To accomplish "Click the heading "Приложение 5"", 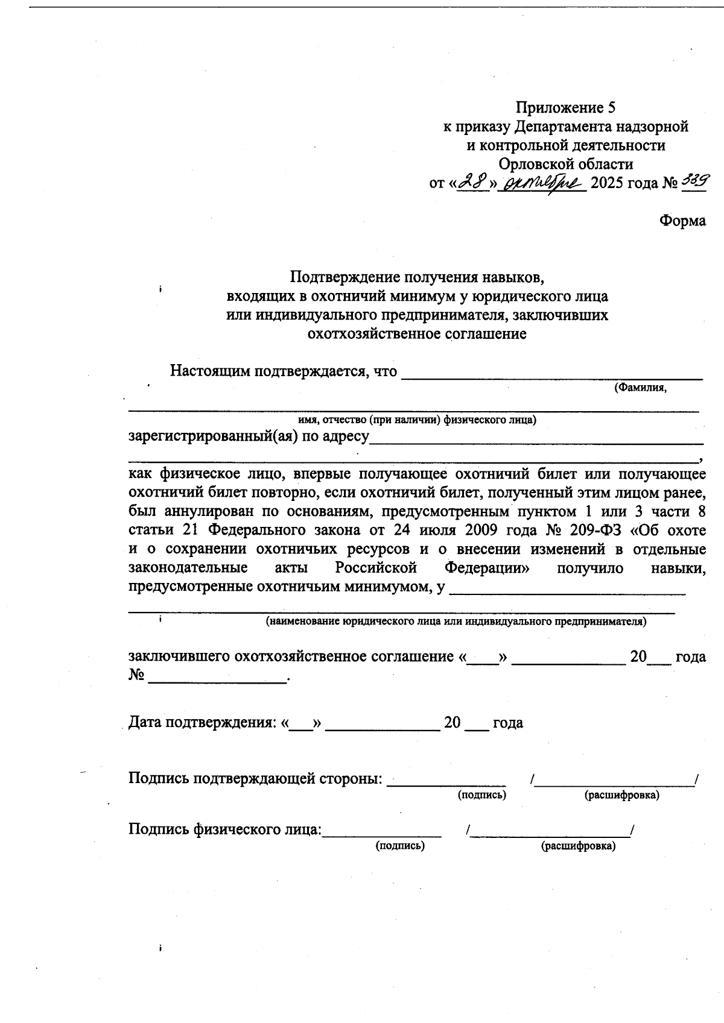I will pyautogui.click(x=565, y=108).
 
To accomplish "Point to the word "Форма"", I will pyautogui.click(x=682, y=221).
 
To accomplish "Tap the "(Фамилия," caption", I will pyautogui.click(x=640, y=388).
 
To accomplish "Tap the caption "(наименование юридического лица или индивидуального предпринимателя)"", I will pyautogui.click(x=456, y=622).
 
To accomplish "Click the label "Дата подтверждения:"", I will pyautogui.click(x=203, y=723).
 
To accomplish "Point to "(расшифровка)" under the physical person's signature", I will pyautogui.click(x=579, y=846).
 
